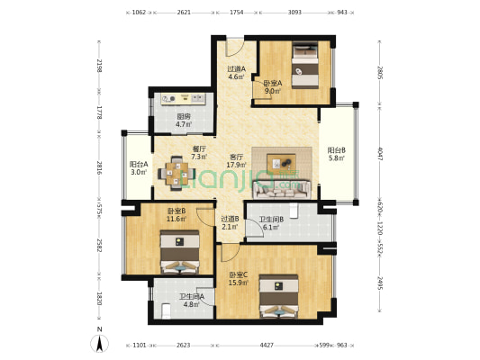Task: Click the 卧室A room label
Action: pos(273,83)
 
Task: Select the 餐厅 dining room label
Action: pos(199,149)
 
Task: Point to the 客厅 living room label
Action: pos(237,157)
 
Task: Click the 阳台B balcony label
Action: pos(337,150)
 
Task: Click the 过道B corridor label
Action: pos(230,218)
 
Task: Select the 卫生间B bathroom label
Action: pos(271,220)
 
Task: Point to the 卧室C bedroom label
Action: pos(238,274)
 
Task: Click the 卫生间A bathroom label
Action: pos(191,296)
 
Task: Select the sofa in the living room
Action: pos(282,187)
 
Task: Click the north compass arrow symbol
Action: pos(98,342)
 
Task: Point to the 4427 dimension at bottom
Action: pos(267,345)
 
